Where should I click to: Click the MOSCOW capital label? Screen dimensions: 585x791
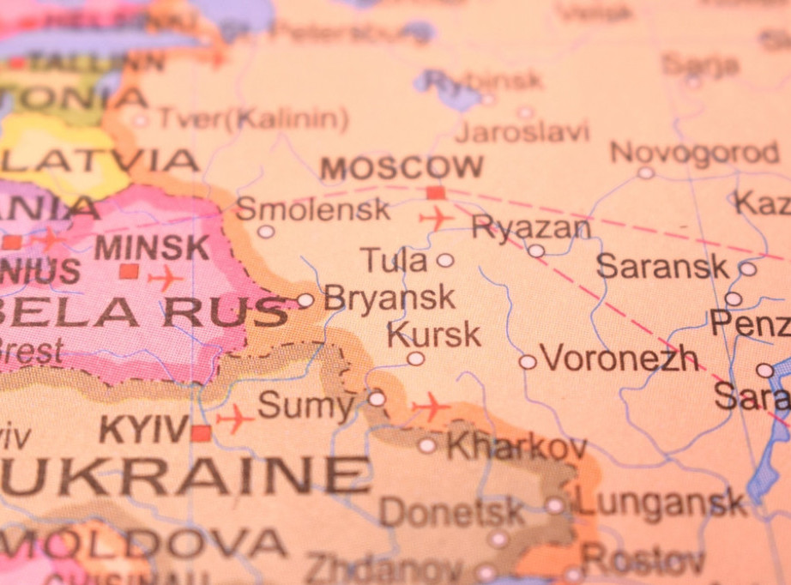point(402,167)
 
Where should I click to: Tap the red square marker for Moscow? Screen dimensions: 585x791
point(436,192)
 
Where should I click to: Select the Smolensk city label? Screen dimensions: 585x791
point(312,208)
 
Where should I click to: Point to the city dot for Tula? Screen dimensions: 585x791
point(444,260)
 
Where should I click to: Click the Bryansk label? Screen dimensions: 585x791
point(389,298)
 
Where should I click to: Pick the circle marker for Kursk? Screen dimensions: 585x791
point(415,359)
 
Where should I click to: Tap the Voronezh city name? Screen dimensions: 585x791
point(619,359)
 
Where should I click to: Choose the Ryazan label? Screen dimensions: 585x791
point(531,227)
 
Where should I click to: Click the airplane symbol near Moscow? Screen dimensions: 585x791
point(437,218)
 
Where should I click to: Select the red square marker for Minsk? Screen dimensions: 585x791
point(129,271)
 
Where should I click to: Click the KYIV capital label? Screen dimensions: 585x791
point(143,429)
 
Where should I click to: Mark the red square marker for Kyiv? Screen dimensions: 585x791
point(201,433)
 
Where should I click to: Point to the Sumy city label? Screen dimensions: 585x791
point(305,405)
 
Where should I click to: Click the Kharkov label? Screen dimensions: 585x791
point(516,446)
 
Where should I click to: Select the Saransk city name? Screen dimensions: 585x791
point(662,266)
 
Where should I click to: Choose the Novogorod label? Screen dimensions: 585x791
point(694,153)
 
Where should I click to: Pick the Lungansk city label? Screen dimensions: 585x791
point(661,503)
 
